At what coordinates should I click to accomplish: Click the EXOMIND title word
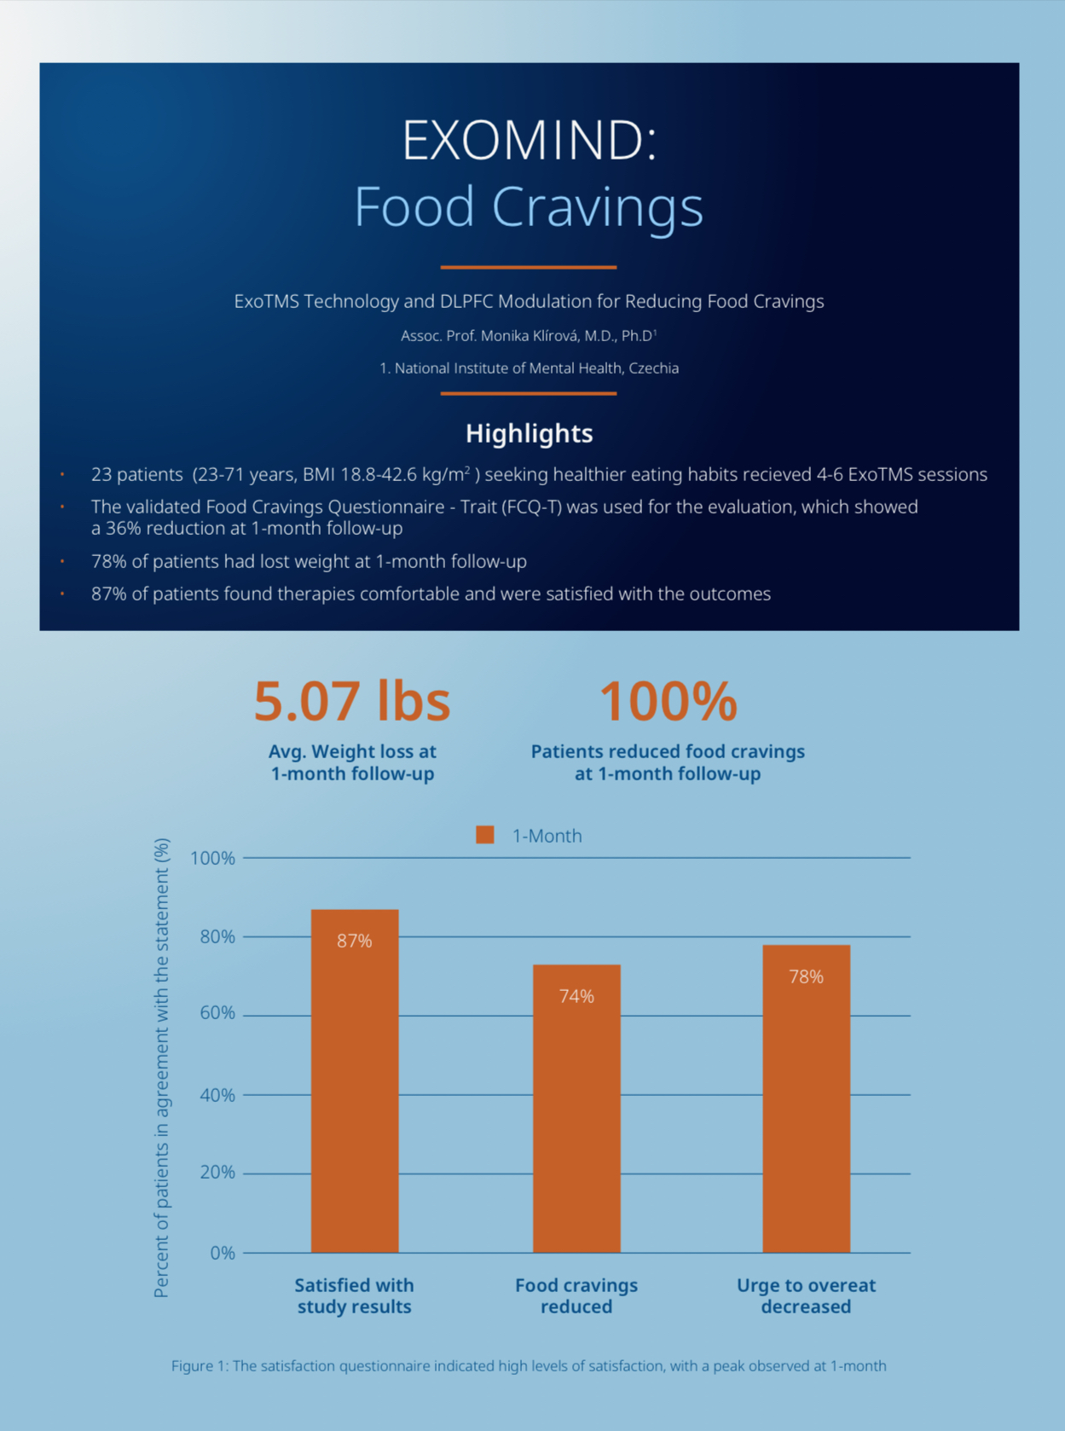click(529, 140)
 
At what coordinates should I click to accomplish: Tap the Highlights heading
click(529, 433)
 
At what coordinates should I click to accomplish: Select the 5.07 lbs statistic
click(351, 701)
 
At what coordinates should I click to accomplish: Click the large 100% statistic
click(668, 701)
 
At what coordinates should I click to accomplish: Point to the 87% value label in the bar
click(355, 941)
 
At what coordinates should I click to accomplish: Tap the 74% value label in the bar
click(576, 996)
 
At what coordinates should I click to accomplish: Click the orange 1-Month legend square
click(485, 835)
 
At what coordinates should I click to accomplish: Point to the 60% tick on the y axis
click(217, 1013)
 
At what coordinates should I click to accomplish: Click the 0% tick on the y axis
click(223, 1253)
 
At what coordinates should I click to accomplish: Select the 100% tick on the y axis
click(213, 858)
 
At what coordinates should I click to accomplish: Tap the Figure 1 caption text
click(529, 1365)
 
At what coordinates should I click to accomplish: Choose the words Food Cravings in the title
click(529, 206)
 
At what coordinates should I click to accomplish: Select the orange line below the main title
click(529, 267)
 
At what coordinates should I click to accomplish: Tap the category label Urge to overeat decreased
click(806, 1295)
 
